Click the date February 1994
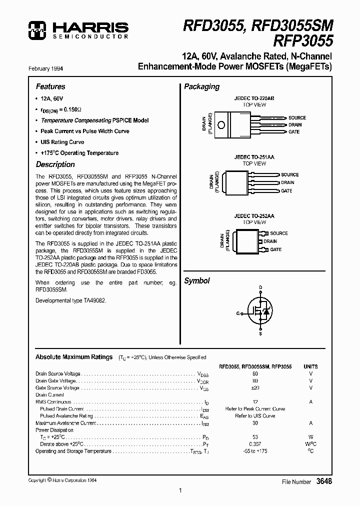[49, 68]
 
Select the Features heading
[50, 86]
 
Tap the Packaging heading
[201, 86]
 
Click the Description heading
[55, 164]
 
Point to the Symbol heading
[197, 281]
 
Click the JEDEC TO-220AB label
[254, 99]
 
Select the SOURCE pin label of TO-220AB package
[297, 118]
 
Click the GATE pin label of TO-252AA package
[275, 249]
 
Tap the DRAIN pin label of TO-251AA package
[287, 182]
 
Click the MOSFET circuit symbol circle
[260, 312]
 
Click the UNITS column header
[310, 366]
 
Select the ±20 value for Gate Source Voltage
[255, 387]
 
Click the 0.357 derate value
[255, 444]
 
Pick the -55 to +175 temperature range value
[255, 451]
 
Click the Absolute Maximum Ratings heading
[74, 357]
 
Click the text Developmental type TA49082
[70, 300]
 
